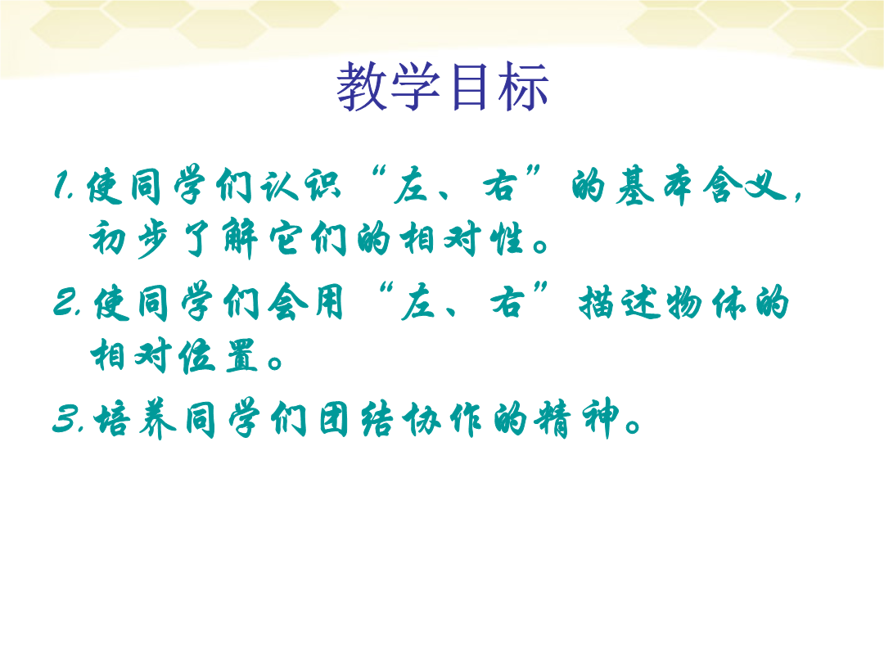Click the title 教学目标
[x=443, y=86]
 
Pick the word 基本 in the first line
[x=653, y=186]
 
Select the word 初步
[x=129, y=238]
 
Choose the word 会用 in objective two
[x=305, y=302]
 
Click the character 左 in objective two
[x=420, y=302]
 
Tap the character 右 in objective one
[x=500, y=186]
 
